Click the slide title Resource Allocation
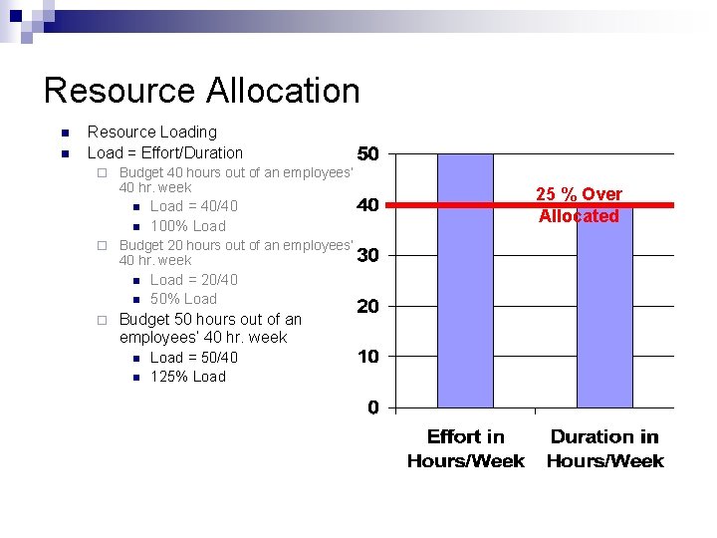click(x=201, y=91)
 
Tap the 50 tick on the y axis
click(x=367, y=154)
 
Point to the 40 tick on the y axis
click(x=367, y=205)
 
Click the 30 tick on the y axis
click(x=367, y=256)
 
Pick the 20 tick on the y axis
click(x=367, y=307)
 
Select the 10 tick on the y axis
click(x=367, y=357)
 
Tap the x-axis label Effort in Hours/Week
click(x=465, y=448)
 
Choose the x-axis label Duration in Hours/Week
click(x=604, y=448)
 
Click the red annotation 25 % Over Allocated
click(x=579, y=205)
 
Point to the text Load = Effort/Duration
click(x=165, y=152)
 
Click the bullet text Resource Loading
click(x=151, y=132)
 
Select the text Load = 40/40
click(x=194, y=206)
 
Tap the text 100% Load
click(x=188, y=226)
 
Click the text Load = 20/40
click(x=194, y=280)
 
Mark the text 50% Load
click(x=183, y=299)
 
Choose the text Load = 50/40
click(x=194, y=358)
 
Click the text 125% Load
click(x=188, y=377)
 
